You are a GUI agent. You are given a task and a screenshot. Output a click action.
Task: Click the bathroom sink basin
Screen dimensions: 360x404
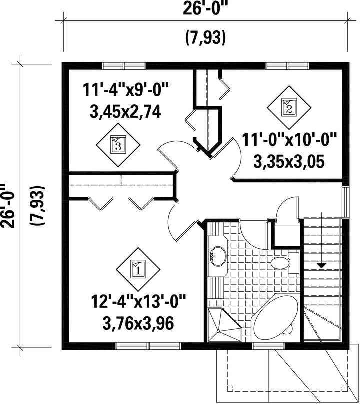point(218,256)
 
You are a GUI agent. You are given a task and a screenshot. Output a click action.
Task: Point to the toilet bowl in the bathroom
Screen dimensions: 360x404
point(280,263)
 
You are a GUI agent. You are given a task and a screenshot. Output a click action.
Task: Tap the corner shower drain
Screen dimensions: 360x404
point(218,331)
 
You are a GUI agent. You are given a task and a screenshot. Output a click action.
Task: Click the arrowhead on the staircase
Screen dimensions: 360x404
point(321,265)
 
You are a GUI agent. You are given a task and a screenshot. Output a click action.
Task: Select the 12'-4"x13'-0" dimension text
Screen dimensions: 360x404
point(138,302)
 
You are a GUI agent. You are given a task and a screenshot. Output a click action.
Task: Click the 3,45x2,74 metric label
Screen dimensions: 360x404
point(125,112)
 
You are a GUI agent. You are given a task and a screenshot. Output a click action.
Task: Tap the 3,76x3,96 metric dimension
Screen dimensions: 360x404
point(138,323)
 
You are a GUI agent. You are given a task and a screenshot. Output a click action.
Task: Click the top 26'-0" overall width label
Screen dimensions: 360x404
point(205,8)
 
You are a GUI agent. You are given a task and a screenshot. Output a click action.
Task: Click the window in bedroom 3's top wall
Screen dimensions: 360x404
point(124,66)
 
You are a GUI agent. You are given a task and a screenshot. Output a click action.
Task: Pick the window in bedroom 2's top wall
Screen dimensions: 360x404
point(287,66)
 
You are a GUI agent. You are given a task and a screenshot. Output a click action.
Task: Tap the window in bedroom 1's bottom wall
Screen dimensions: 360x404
point(148,346)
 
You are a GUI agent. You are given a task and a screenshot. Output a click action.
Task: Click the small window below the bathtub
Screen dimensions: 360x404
point(269,346)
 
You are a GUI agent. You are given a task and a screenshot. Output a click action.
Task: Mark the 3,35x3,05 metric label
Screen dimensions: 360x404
point(289,162)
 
